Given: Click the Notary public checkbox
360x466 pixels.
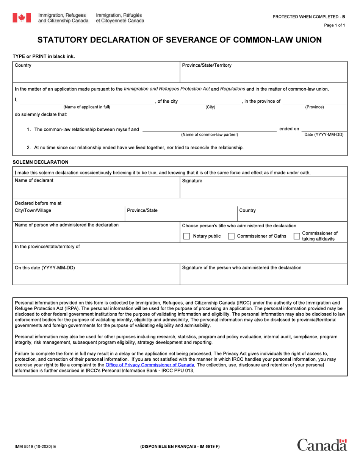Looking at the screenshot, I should point(186,236).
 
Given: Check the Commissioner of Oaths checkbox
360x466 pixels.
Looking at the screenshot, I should point(231,236).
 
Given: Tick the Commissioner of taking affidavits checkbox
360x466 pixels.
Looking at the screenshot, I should point(297,236).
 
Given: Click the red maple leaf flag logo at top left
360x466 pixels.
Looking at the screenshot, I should point(22,18).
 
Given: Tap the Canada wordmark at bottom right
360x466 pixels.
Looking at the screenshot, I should point(322,445).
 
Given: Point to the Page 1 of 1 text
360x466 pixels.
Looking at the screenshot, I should point(334,25).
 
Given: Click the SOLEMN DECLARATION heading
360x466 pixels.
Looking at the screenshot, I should point(41,162).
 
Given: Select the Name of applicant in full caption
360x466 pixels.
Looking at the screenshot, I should point(87,107).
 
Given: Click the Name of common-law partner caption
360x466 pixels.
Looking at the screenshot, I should point(210,134).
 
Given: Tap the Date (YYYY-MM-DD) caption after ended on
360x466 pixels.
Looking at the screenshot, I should point(324,134).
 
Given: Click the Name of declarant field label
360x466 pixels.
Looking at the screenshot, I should point(34,181).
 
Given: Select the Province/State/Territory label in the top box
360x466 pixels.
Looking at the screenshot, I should point(207,66).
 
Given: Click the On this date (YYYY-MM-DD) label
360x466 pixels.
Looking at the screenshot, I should point(45,268).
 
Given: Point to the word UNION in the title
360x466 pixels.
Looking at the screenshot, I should point(304,40).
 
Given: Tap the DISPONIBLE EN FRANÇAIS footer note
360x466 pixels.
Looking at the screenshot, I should point(180,447).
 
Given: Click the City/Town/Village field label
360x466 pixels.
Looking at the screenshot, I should point(33,211).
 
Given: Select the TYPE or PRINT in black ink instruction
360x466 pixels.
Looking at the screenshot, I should point(44,56).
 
